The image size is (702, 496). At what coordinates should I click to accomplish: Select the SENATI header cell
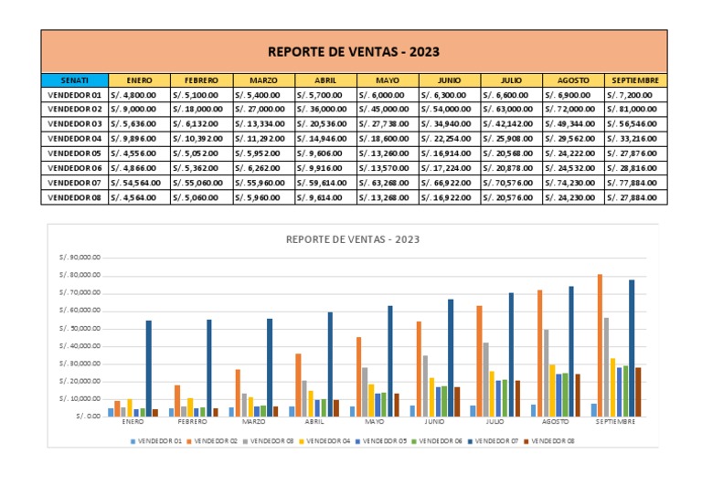point(74,80)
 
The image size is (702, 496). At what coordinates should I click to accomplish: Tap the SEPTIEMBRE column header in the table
point(636,80)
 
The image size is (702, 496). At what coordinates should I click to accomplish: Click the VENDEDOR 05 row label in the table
point(74,153)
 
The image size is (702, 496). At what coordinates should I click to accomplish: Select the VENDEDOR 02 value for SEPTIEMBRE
point(636,109)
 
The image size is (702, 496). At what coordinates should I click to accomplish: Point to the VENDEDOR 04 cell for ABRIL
point(325,139)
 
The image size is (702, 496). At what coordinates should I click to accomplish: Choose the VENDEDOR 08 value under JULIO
point(512,197)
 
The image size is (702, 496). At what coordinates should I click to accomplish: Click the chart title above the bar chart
point(353,239)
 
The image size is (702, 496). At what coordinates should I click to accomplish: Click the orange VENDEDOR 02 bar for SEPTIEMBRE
point(600,345)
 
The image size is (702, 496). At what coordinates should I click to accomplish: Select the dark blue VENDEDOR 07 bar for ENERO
point(149,368)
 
